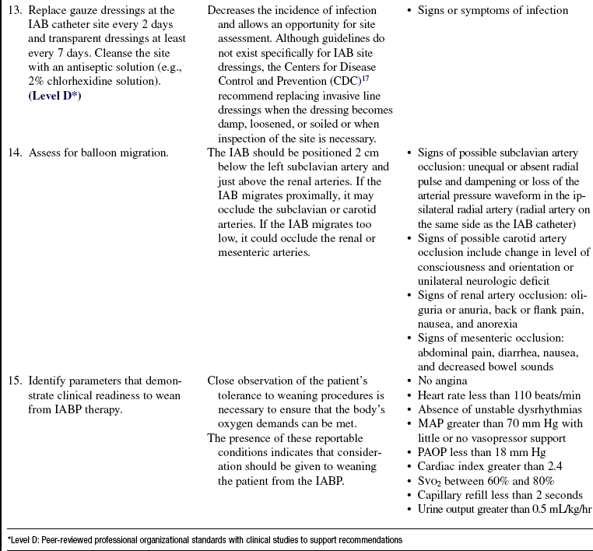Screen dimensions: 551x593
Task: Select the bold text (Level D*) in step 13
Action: (57, 95)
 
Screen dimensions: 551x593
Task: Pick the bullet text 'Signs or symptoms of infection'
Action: (493, 11)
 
